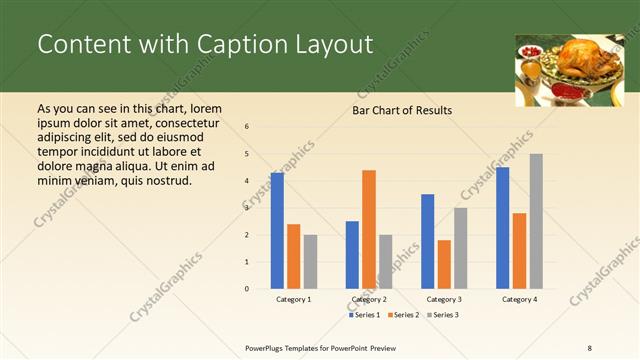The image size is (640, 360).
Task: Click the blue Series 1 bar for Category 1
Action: click(x=277, y=231)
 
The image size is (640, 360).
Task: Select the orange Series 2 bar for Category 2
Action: click(x=369, y=229)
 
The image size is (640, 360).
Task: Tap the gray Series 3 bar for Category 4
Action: click(x=536, y=221)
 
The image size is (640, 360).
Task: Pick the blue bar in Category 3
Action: click(x=428, y=241)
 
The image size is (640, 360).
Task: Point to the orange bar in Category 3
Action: click(x=444, y=264)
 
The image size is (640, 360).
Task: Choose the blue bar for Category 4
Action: click(x=502, y=228)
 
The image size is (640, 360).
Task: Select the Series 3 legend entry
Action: click(x=444, y=315)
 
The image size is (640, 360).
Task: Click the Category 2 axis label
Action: click(x=369, y=299)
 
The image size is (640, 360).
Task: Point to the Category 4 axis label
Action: click(x=519, y=299)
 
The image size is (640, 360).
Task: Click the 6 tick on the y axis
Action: click(x=247, y=127)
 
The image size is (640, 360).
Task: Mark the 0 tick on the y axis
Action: click(x=247, y=289)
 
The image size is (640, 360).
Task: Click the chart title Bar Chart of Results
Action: click(x=402, y=110)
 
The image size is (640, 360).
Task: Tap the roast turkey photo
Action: click(x=563, y=70)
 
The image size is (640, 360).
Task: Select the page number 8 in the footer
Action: click(x=590, y=346)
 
